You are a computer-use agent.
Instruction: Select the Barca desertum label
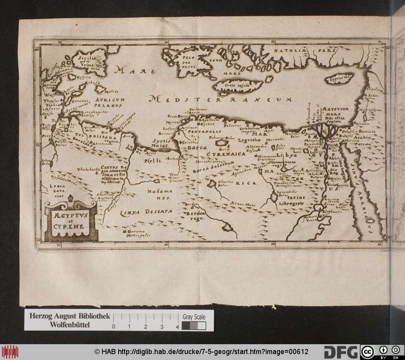tap(211, 169)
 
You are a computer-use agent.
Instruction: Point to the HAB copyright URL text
tap(201, 352)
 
